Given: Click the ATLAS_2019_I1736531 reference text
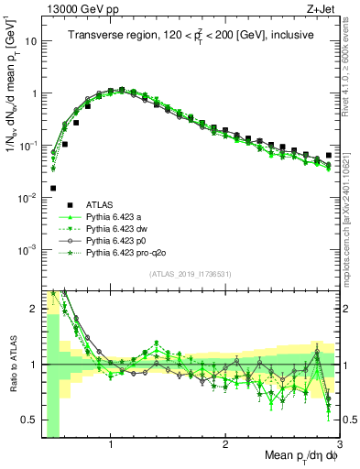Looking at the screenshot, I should [190, 275].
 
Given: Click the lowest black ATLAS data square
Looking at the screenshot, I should [53, 188].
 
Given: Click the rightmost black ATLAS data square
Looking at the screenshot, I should [329, 156].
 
